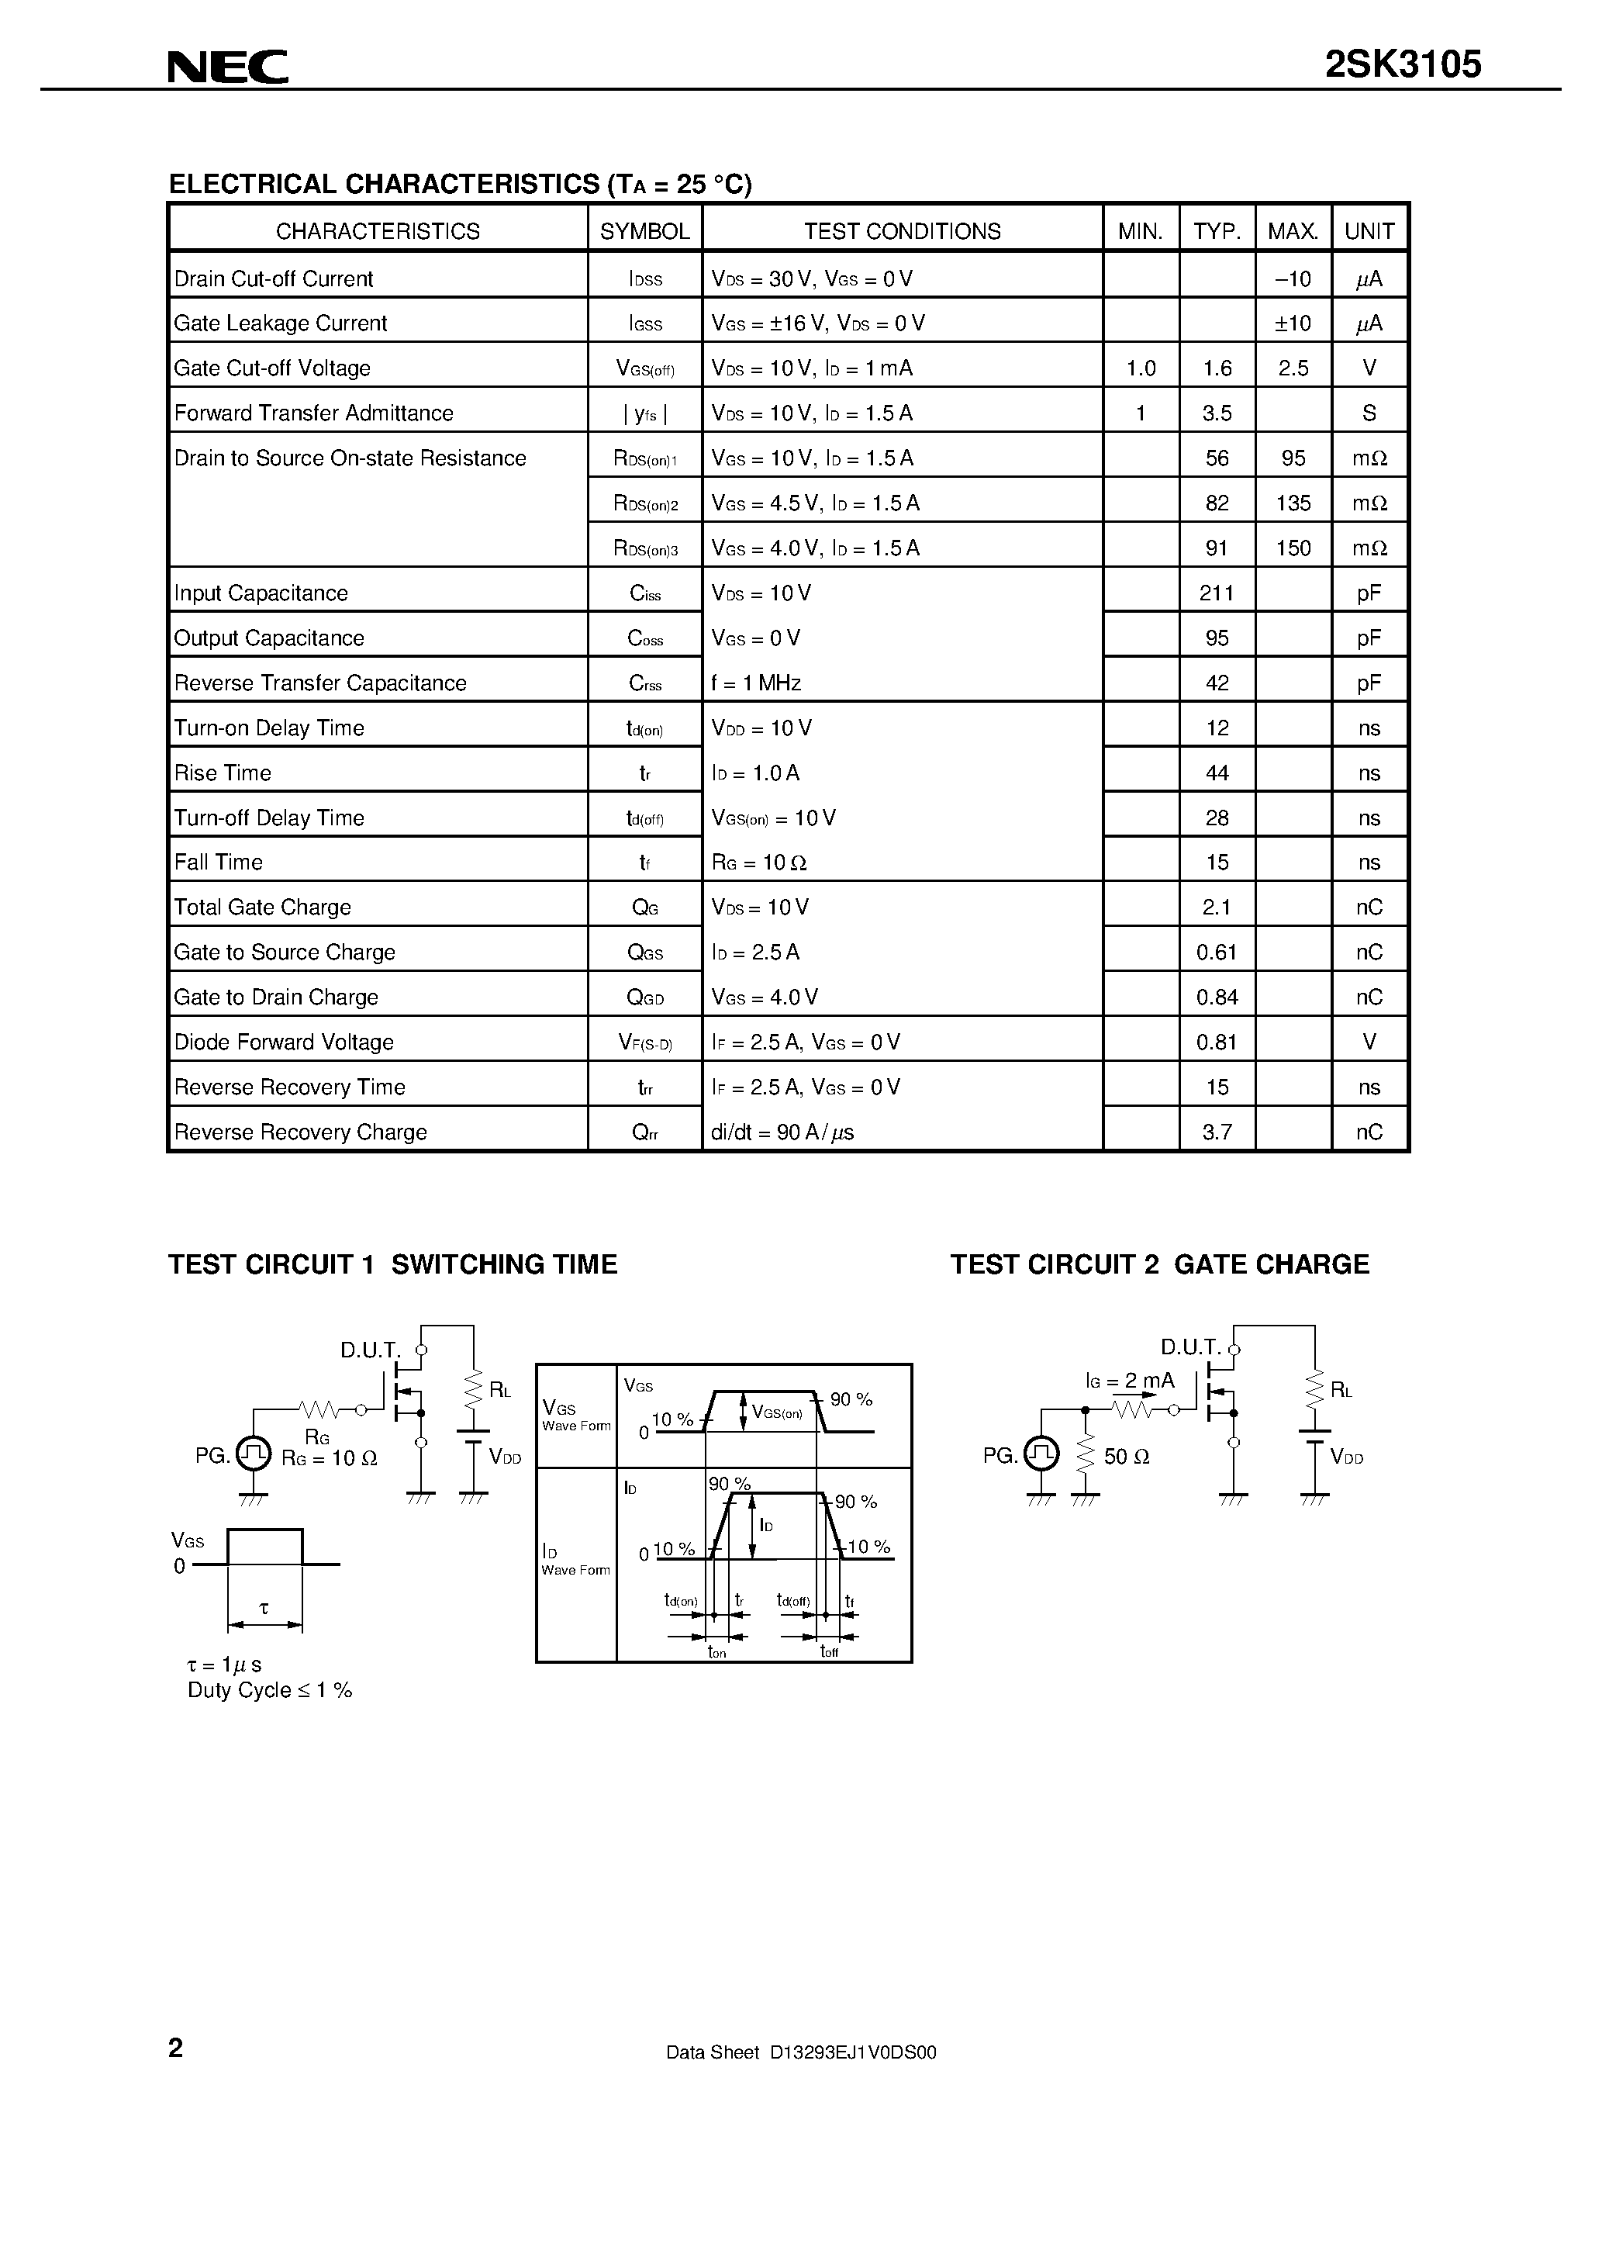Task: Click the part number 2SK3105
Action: pyautogui.click(x=1403, y=65)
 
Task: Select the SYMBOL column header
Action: pyautogui.click(x=645, y=231)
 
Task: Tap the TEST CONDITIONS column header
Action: pyautogui.click(x=902, y=231)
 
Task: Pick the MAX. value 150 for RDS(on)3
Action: pyautogui.click(x=1293, y=548)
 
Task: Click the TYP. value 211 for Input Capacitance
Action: pyautogui.click(x=1217, y=593)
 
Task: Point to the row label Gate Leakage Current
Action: pyautogui.click(x=281, y=323)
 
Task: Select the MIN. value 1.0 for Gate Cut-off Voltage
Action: pyautogui.click(x=1141, y=368)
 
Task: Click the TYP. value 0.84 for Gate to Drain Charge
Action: pyautogui.click(x=1217, y=997)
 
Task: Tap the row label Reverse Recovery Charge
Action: pyautogui.click(x=300, y=1132)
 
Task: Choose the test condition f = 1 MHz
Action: pyautogui.click(x=755, y=683)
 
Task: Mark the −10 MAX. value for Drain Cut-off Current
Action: pyautogui.click(x=1293, y=279)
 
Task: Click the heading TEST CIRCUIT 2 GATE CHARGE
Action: pyautogui.click(x=1159, y=1264)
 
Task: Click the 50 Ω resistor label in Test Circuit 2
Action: pyautogui.click(x=1126, y=1457)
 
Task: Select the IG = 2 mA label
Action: pyautogui.click(x=1130, y=1381)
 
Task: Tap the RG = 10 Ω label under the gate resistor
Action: pyautogui.click(x=329, y=1458)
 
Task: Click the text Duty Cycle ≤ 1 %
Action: pyautogui.click(x=270, y=1690)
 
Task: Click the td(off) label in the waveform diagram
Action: pyautogui.click(x=793, y=1601)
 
